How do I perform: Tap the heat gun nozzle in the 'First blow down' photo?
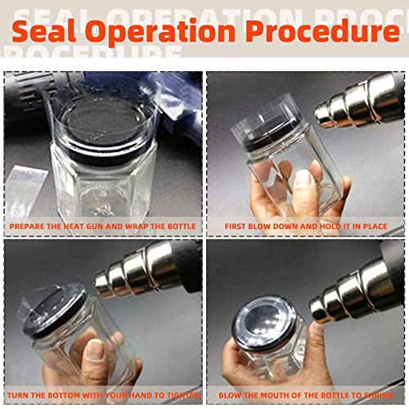click(x=344, y=106)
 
